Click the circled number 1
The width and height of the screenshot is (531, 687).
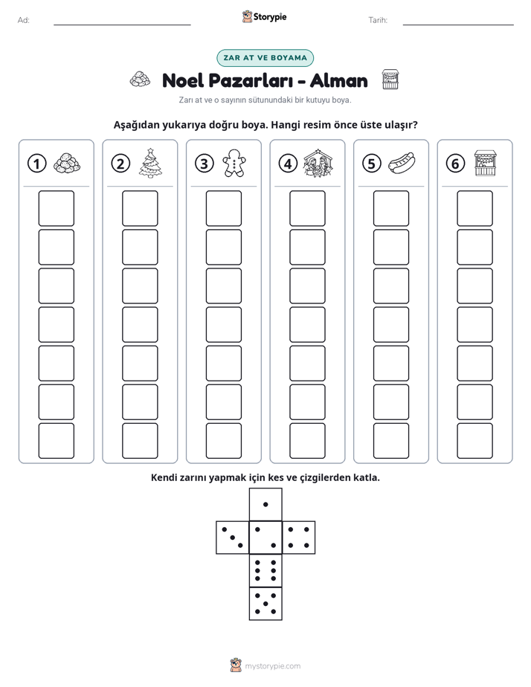[x=36, y=164]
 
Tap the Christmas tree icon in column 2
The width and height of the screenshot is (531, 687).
[x=150, y=163]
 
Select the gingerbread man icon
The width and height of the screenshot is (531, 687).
[x=234, y=163]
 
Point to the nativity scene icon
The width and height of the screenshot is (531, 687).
[x=318, y=163]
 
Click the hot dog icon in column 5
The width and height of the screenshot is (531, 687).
[x=402, y=163]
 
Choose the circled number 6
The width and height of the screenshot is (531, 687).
[x=455, y=164]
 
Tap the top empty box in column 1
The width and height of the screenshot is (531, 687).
[x=56, y=208]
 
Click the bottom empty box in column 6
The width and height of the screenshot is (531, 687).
[x=475, y=441]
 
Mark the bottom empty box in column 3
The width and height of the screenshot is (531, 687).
[x=224, y=441]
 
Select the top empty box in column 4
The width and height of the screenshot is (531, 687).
[x=308, y=208]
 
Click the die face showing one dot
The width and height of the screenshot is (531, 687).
[x=265, y=504]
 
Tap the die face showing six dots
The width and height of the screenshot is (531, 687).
[x=265, y=570]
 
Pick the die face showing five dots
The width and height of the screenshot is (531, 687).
[x=265, y=603]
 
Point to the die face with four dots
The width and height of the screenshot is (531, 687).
[x=299, y=537]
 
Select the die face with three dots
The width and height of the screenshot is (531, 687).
[x=233, y=537]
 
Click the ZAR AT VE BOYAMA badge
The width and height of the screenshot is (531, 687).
[x=265, y=58]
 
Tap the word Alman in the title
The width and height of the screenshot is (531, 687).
[x=338, y=80]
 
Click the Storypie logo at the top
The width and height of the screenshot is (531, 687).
[x=264, y=16]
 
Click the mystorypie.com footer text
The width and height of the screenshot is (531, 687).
[x=272, y=666]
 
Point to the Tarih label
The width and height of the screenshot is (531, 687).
[x=378, y=20]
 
